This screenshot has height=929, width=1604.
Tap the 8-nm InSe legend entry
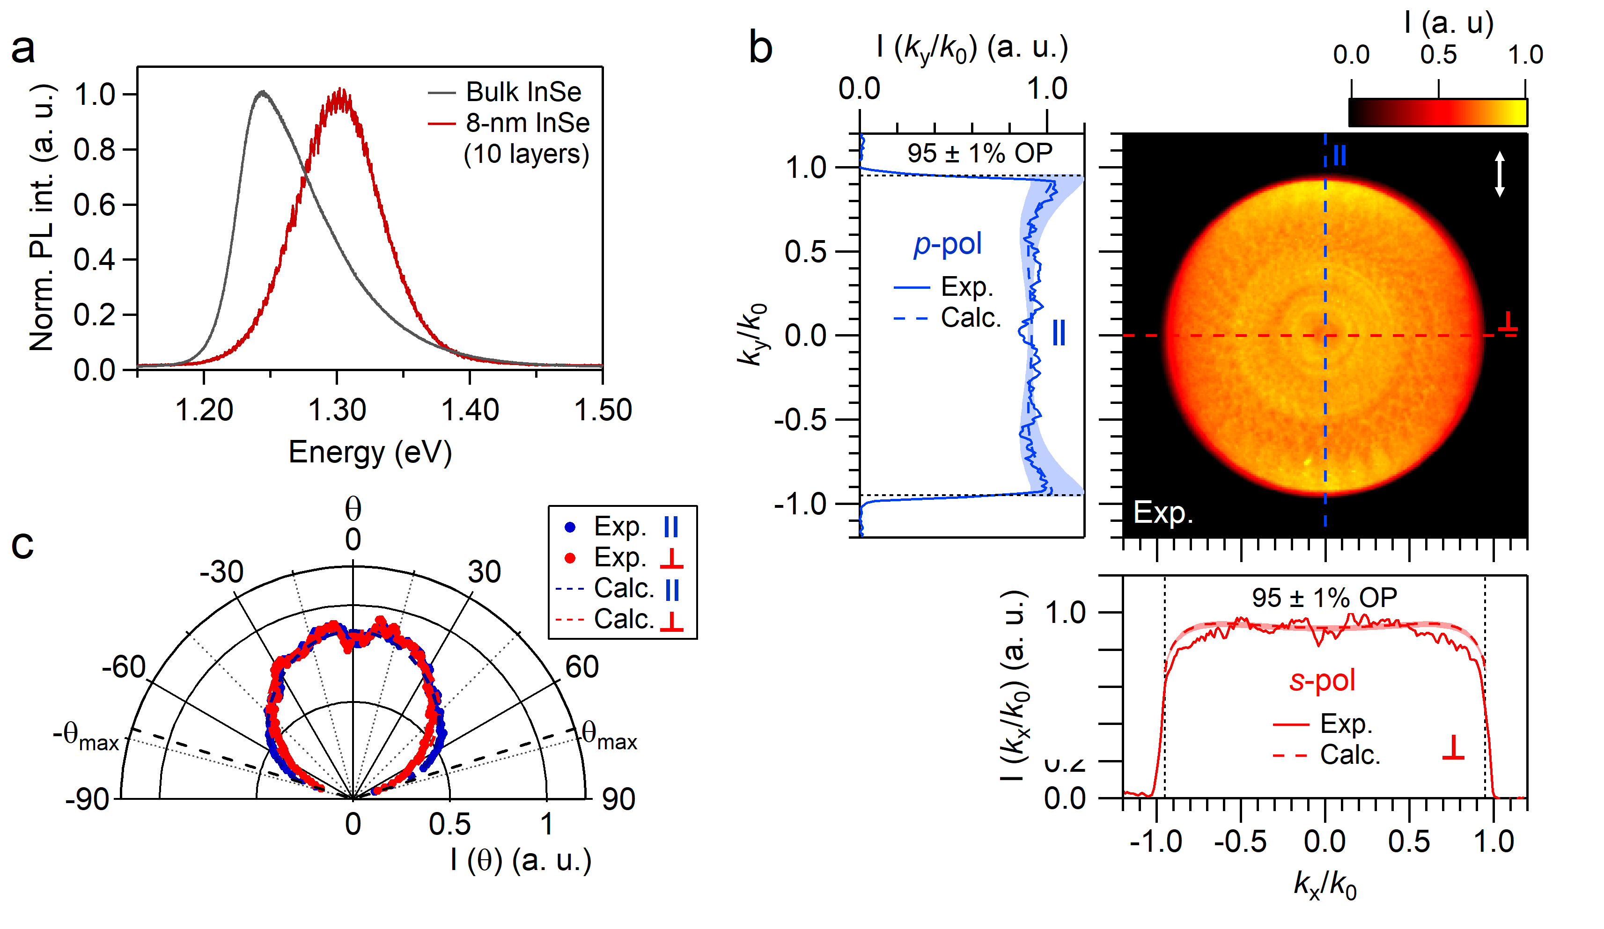[527, 123]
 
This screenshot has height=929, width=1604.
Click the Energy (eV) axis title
[370, 453]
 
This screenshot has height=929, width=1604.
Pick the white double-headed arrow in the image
[1500, 174]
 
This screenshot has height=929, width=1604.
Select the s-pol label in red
[1322, 680]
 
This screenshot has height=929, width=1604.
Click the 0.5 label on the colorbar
[1438, 55]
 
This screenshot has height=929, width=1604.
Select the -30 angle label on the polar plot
[221, 572]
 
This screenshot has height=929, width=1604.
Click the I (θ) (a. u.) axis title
[521, 860]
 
